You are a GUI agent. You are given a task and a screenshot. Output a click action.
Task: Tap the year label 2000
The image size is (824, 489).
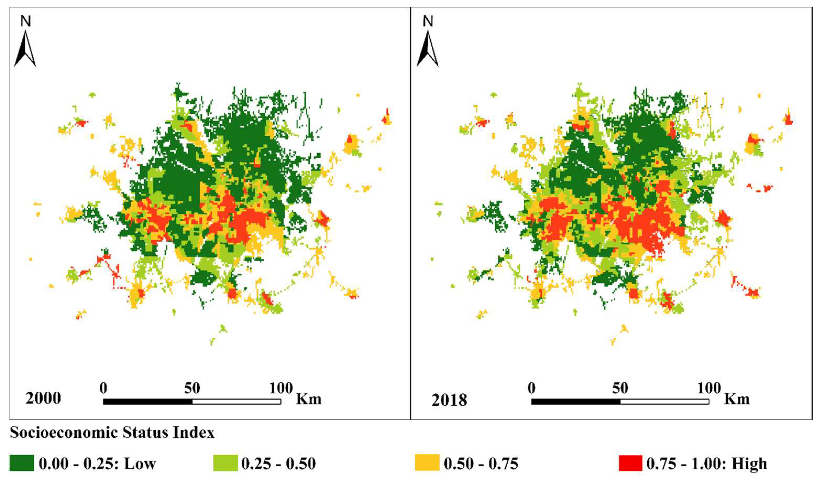pos(43,399)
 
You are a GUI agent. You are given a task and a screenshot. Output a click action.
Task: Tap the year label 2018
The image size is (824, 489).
pos(449,400)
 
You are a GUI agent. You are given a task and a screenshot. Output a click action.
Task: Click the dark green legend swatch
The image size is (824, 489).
pos(22,463)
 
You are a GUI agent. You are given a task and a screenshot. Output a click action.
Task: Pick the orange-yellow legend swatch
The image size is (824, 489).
pos(427,463)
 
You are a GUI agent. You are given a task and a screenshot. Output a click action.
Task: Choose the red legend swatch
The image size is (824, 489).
pos(630,463)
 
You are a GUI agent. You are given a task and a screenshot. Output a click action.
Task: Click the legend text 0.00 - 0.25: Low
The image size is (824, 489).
pos(97,464)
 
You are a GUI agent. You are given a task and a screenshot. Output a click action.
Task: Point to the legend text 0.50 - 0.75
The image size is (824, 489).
pos(481,464)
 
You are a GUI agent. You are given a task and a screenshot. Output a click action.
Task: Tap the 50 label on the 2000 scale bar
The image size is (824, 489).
pos(192,388)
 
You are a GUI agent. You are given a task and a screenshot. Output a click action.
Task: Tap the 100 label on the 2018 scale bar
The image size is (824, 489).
pos(709,388)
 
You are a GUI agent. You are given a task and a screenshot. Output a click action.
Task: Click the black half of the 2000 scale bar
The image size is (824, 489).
pos(148,402)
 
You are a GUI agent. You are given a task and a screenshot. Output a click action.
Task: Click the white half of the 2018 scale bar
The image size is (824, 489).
pos(664,402)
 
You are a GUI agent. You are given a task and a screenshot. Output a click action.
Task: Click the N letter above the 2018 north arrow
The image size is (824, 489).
pos(428,22)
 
